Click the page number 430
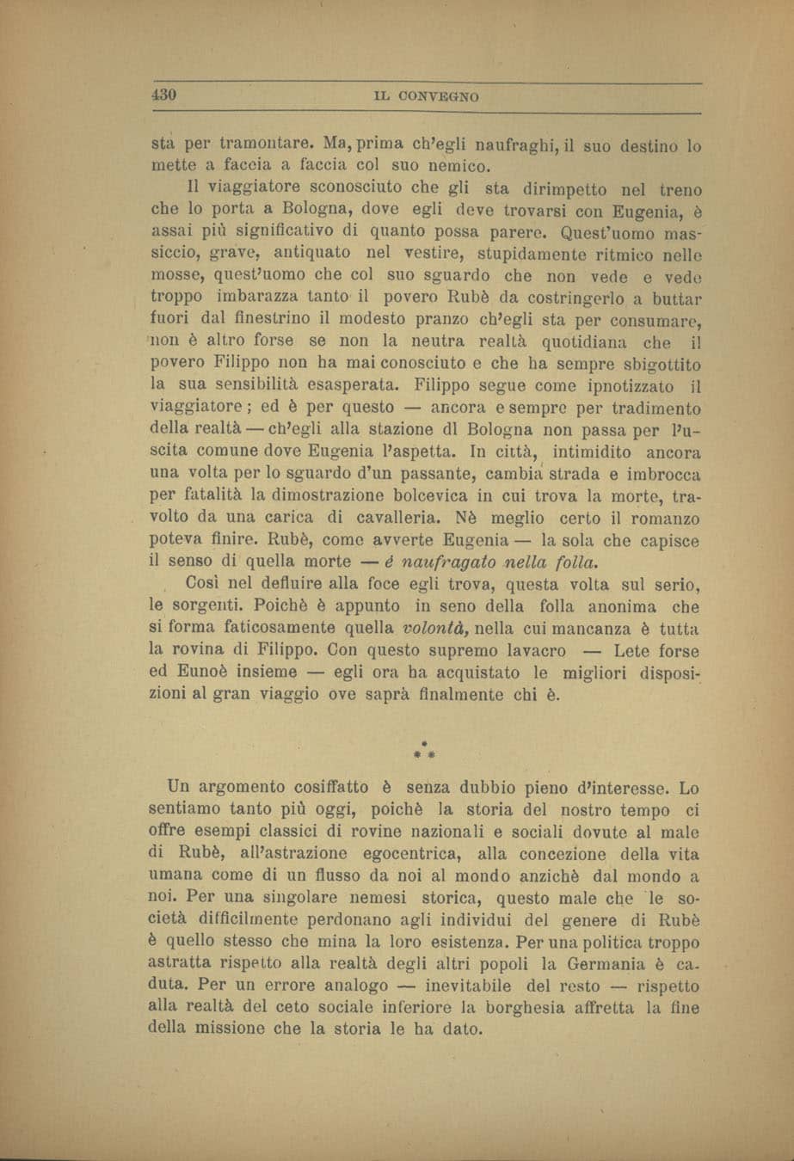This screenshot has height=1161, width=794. tap(163, 95)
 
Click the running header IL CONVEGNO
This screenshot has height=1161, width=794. tap(427, 97)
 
